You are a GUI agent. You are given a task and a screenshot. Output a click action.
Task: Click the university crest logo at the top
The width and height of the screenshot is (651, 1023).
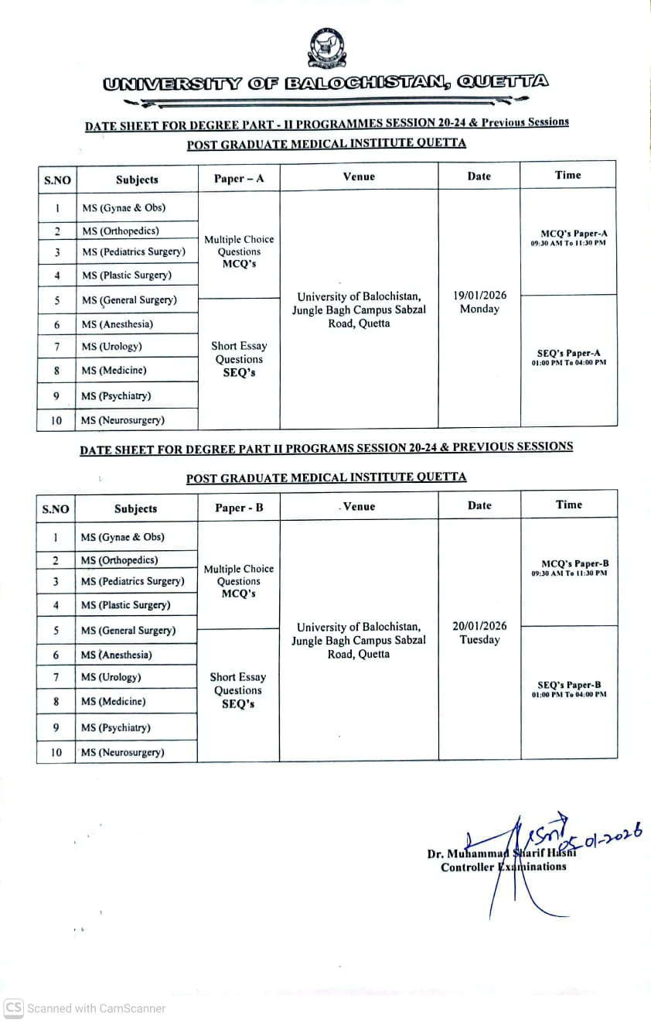326,48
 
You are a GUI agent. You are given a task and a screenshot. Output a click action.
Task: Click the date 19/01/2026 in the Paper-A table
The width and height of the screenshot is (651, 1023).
479,295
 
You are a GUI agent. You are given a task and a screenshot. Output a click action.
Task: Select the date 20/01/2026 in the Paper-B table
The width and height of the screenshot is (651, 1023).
479,626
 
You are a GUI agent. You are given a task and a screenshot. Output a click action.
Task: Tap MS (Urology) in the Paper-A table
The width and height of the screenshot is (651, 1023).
112,347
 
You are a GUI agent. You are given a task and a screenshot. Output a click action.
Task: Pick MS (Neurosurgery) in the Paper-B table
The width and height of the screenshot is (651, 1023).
122,752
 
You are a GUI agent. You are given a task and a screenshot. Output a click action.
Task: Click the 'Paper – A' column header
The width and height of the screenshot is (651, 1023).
239,179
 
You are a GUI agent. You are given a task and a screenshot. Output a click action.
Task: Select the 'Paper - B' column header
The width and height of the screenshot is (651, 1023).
239,508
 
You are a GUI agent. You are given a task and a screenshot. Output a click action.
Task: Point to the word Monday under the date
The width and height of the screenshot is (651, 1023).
479,310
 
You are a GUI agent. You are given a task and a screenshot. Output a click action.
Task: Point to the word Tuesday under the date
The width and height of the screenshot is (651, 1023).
479,640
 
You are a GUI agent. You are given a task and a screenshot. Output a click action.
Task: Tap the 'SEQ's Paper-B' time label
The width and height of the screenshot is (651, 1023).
569,685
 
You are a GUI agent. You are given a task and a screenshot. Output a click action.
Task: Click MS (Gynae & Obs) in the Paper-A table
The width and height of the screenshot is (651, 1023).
124,207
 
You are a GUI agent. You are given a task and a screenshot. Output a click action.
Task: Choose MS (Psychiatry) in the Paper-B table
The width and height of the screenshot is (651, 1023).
116,727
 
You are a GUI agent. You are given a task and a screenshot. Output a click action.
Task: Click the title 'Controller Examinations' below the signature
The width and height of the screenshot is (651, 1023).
503,867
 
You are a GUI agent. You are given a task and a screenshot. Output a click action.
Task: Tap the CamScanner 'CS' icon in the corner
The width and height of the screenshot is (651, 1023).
13,1008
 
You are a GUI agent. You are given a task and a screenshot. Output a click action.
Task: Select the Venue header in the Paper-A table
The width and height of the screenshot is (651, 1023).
359,176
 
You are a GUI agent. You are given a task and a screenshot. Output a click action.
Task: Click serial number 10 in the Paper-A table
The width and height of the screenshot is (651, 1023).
56,420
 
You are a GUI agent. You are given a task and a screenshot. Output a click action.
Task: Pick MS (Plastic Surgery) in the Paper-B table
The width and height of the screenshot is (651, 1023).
126,605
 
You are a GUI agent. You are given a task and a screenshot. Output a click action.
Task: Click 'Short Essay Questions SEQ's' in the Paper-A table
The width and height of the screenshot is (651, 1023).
239,359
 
